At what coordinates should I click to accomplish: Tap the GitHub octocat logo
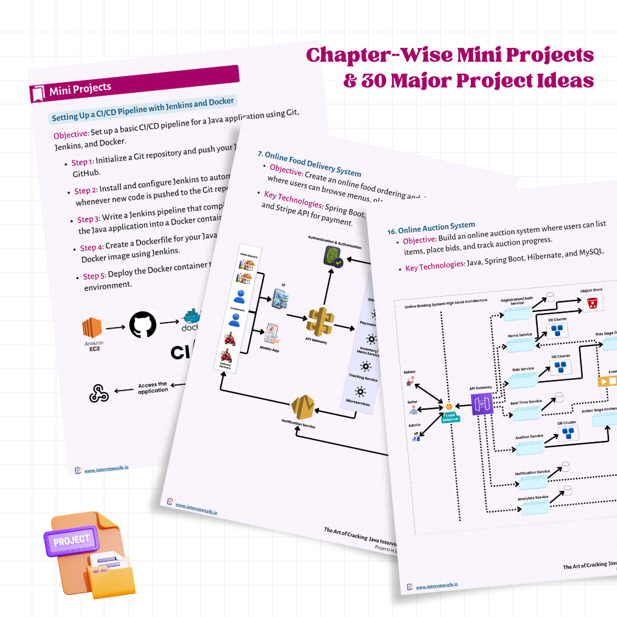142,325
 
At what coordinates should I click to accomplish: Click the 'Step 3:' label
89,219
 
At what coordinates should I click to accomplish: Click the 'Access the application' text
153,387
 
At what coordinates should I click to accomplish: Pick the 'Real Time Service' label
526,402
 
